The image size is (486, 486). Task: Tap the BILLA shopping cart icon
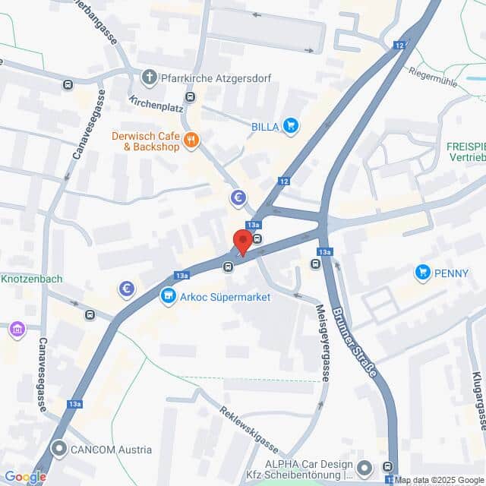pos(290,126)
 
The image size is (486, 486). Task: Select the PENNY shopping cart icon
pos(422,271)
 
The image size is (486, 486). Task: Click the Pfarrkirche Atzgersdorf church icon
pos(149,77)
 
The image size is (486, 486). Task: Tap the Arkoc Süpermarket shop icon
pos(167,297)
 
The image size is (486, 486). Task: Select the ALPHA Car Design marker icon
pos(365,466)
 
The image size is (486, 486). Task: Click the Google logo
pos(25,477)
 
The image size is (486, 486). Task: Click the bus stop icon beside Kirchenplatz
pos(190,97)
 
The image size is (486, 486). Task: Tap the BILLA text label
pos(266,126)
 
